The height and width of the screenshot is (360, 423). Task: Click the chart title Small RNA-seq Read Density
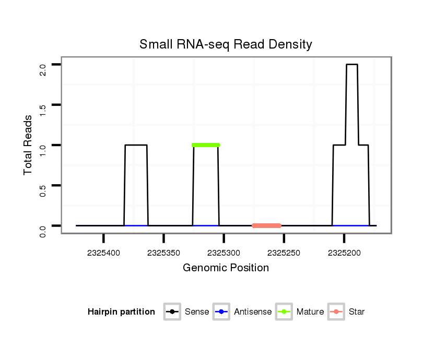(226, 44)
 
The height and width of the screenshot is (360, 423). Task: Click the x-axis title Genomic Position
(226, 268)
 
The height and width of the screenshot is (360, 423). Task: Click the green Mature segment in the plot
(206, 145)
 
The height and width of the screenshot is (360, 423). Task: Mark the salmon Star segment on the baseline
(266, 225)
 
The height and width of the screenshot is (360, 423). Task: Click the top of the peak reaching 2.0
(351, 65)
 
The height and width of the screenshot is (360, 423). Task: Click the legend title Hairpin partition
(121, 312)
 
